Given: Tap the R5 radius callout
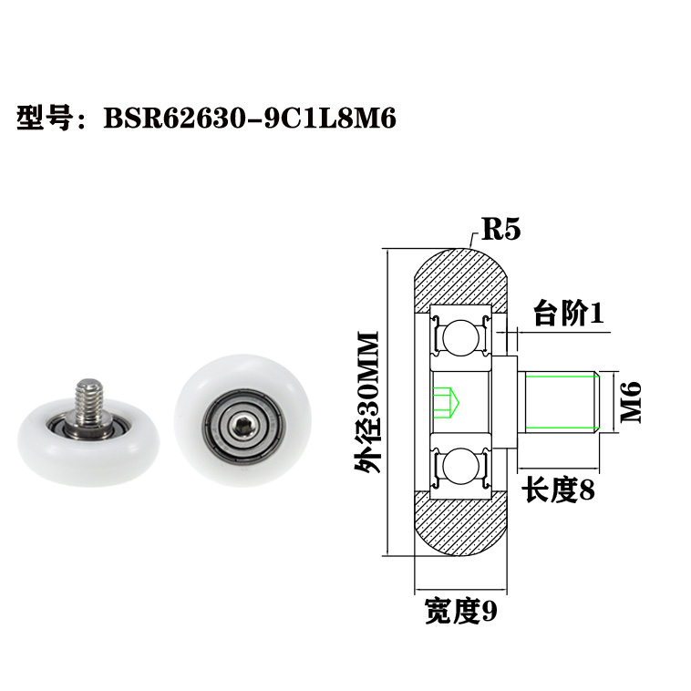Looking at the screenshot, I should [x=500, y=229].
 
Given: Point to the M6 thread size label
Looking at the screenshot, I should [x=631, y=401].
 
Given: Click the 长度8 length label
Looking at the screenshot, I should [x=557, y=491].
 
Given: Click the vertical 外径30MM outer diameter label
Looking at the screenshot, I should [x=368, y=402].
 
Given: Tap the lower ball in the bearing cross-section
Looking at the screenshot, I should [x=460, y=466].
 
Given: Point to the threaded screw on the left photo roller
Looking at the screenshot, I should [x=89, y=397].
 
